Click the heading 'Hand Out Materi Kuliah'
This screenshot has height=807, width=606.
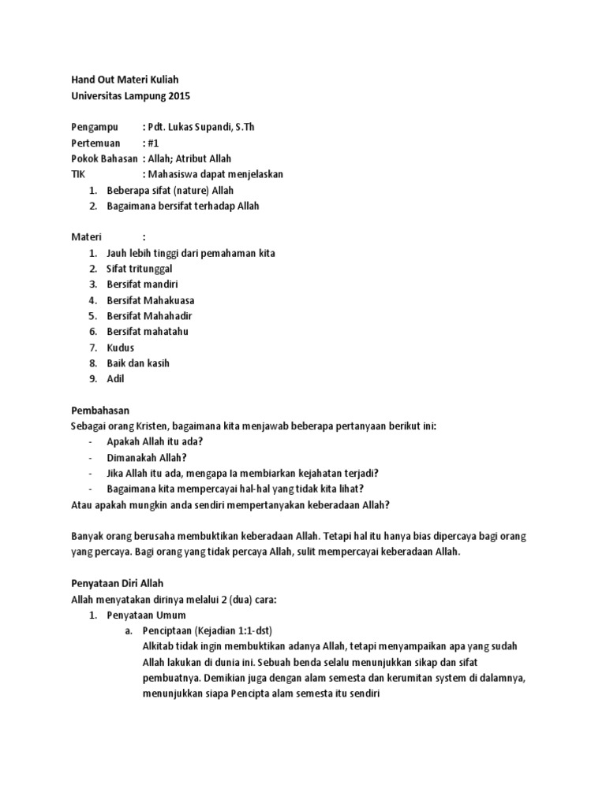tap(125, 80)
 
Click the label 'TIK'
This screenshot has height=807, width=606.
tap(78, 174)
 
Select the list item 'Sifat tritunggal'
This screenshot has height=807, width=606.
tap(139, 269)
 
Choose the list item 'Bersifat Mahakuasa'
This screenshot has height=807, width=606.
tap(150, 300)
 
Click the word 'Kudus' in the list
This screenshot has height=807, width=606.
tap(120, 348)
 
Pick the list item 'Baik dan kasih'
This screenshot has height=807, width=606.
tap(138, 363)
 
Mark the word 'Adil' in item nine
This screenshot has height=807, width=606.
tap(115, 379)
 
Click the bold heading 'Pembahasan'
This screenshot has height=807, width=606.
tap(100, 411)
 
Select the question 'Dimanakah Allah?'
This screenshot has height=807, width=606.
tap(147, 458)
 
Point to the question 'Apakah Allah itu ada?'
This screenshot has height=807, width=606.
tap(155, 442)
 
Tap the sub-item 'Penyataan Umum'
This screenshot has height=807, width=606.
tap(147, 615)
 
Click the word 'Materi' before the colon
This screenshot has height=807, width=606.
tap(87, 237)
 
